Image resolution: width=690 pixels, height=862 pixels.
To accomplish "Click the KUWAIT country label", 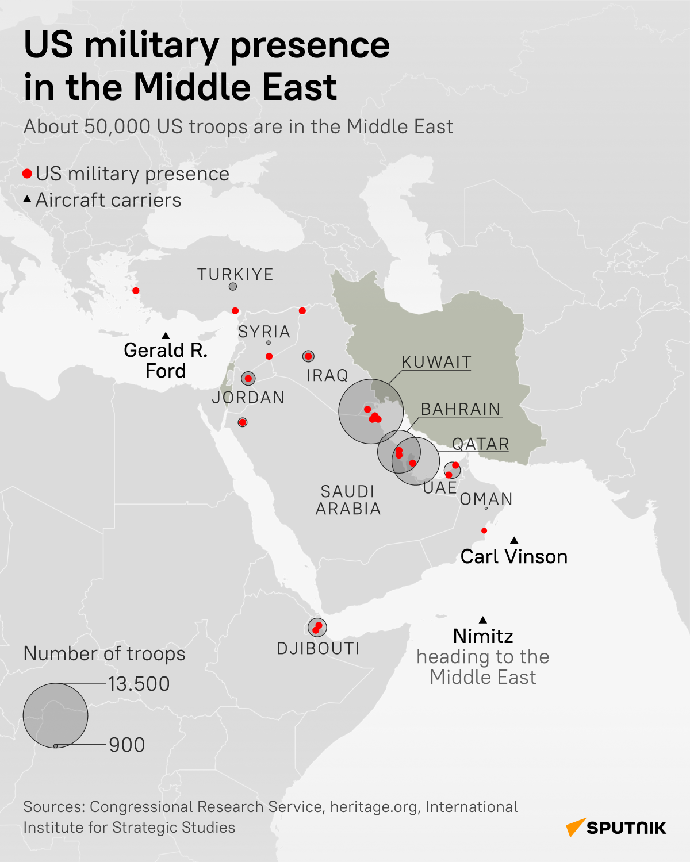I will pyautogui.click(x=436, y=362).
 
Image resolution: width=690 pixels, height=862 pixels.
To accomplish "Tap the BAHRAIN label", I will pyautogui.click(x=461, y=409).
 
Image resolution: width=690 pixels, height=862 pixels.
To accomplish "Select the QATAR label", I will pyautogui.click(x=481, y=444).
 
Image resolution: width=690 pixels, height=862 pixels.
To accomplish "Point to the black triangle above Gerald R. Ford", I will pyautogui.click(x=166, y=336).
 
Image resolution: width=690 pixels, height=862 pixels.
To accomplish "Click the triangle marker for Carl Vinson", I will pyautogui.click(x=514, y=540).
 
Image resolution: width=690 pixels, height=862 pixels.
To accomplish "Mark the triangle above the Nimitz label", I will pyautogui.click(x=483, y=620).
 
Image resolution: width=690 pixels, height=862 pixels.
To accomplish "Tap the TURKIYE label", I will pyautogui.click(x=235, y=275).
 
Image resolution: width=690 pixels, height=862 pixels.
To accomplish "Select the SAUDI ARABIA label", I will pyautogui.click(x=348, y=500).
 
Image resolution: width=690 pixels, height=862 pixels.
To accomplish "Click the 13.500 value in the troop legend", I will pyautogui.click(x=139, y=684).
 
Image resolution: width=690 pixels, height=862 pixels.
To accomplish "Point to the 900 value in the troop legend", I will pyautogui.click(x=127, y=745).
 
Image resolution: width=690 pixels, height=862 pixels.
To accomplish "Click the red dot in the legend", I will pyautogui.click(x=27, y=174).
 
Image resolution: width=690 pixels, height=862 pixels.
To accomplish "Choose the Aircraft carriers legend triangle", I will pyautogui.click(x=27, y=200).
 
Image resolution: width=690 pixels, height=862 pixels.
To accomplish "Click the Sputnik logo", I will pyautogui.click(x=616, y=828).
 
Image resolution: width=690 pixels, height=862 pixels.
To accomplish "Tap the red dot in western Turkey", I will pyautogui.click(x=136, y=291).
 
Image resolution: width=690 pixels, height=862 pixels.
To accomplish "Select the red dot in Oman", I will pyautogui.click(x=484, y=530).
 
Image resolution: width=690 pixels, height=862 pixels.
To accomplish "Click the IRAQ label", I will pyautogui.click(x=327, y=376).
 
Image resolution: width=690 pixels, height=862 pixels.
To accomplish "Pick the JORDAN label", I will pyautogui.click(x=248, y=398).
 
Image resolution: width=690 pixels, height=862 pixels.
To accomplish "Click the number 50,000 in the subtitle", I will pyautogui.click(x=117, y=127).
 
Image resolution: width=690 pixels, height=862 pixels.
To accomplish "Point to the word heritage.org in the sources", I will pyautogui.click(x=374, y=807).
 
